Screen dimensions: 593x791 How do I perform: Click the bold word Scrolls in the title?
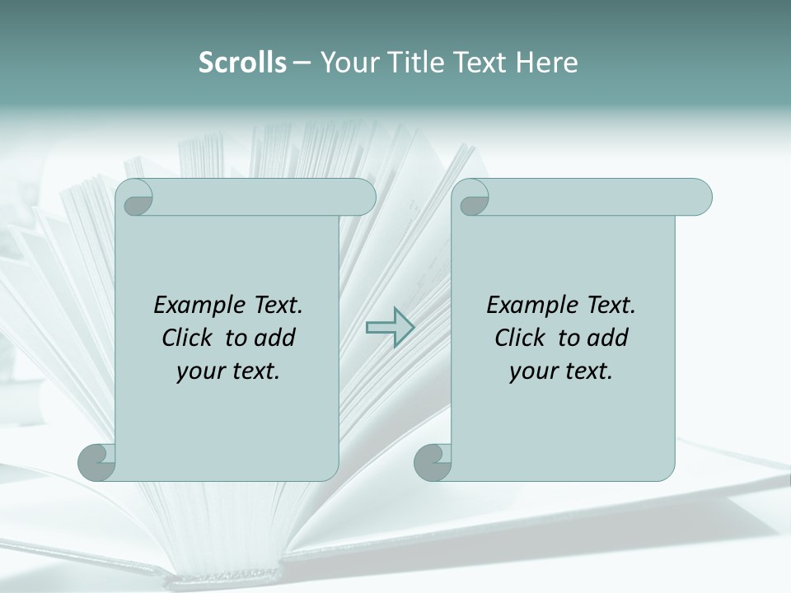[x=242, y=62]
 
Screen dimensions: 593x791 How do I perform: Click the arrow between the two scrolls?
[x=390, y=328]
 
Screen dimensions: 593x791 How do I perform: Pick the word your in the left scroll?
[x=197, y=371]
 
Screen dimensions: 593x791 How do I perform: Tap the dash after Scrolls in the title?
[x=302, y=63]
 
